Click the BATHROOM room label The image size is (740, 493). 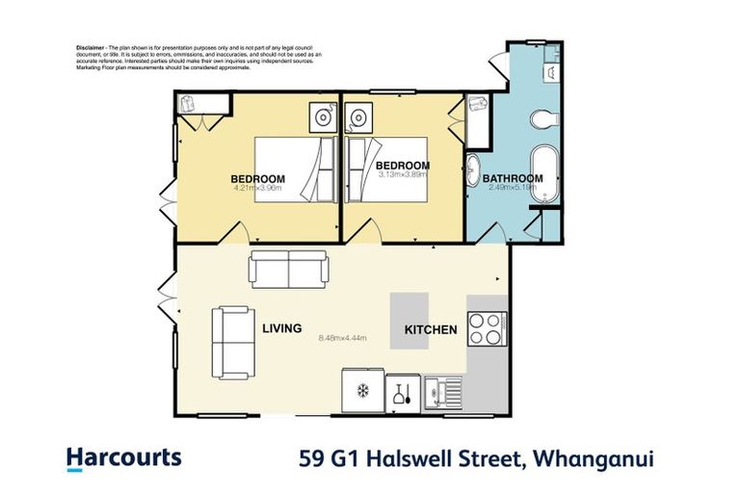(x=513, y=178)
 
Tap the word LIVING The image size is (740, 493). (x=282, y=327)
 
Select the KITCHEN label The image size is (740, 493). (x=431, y=330)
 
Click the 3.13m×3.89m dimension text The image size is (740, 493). (x=404, y=175)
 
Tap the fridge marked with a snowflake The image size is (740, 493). (x=363, y=391)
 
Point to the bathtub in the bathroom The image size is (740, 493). (x=546, y=172)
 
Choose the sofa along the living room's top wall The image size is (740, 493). (x=288, y=268)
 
